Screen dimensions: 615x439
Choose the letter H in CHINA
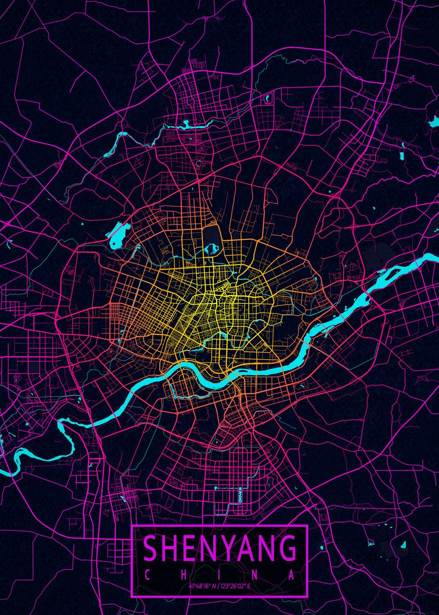183,575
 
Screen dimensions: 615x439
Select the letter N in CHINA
256,575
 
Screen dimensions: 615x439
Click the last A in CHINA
292,575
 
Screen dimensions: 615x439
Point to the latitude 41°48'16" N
201,586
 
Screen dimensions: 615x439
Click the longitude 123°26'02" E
237,586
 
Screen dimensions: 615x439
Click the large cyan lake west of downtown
117,235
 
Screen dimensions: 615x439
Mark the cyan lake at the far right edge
434,121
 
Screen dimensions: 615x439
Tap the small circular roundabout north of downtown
198,163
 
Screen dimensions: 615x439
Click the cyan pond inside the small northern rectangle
267,97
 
